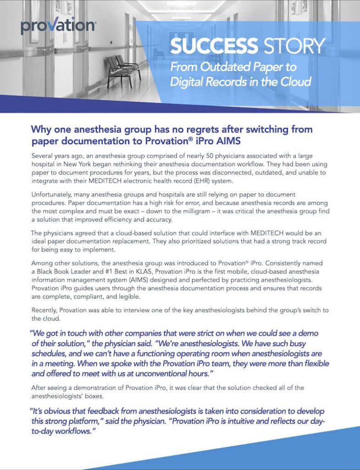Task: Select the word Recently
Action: point(44,310)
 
